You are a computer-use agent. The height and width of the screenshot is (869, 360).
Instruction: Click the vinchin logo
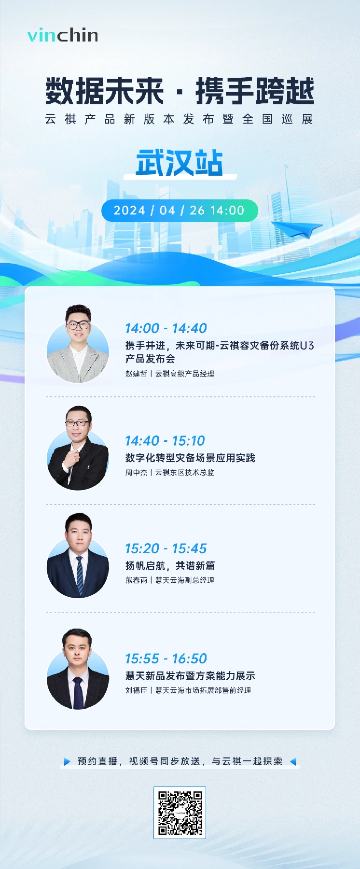pos(63,35)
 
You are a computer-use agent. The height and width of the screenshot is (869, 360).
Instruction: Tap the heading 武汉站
pos(180,163)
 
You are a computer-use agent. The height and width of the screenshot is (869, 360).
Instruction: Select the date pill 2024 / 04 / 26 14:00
pos(180,210)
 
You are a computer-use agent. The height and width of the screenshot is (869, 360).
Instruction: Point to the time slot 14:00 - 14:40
pos(166,328)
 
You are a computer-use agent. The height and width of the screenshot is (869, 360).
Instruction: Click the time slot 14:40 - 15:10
pos(165,441)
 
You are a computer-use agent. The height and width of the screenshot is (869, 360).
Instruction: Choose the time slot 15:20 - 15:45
pos(166,548)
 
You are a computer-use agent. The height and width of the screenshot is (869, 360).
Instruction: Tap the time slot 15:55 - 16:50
pos(166,659)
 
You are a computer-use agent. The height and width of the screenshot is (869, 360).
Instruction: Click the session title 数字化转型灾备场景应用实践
pos(190,458)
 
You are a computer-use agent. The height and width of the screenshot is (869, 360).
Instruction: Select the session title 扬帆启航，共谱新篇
pos(170,565)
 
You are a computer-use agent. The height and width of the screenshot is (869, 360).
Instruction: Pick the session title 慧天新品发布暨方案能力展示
pos(190,675)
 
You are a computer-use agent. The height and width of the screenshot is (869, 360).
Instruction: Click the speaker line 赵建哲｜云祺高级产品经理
pos(169,374)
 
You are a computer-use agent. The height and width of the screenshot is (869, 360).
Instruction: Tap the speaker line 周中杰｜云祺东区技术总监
pos(169,473)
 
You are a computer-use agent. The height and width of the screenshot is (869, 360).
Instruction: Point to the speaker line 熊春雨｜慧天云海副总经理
pos(169,580)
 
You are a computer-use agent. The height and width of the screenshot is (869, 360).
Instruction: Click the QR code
pos(180,813)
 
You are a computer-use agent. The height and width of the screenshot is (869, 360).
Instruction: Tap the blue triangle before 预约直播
pos(67,761)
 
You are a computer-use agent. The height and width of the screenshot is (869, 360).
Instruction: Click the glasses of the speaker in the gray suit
pos(78,325)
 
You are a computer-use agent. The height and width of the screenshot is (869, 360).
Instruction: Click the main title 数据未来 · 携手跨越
pos(180,91)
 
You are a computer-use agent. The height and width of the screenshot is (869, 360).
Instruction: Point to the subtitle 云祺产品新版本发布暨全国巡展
pos(180,119)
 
